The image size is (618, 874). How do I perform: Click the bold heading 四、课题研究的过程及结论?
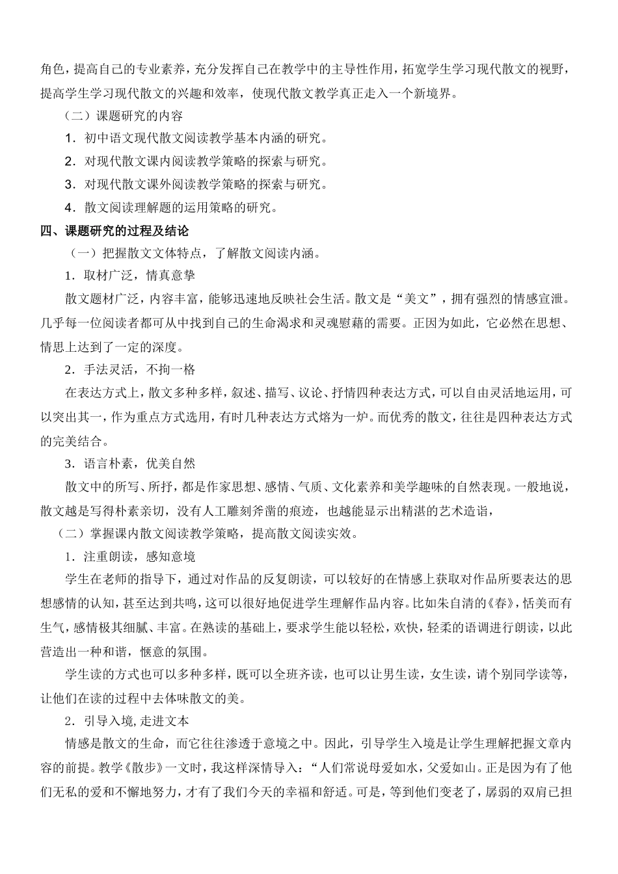click(x=114, y=231)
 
